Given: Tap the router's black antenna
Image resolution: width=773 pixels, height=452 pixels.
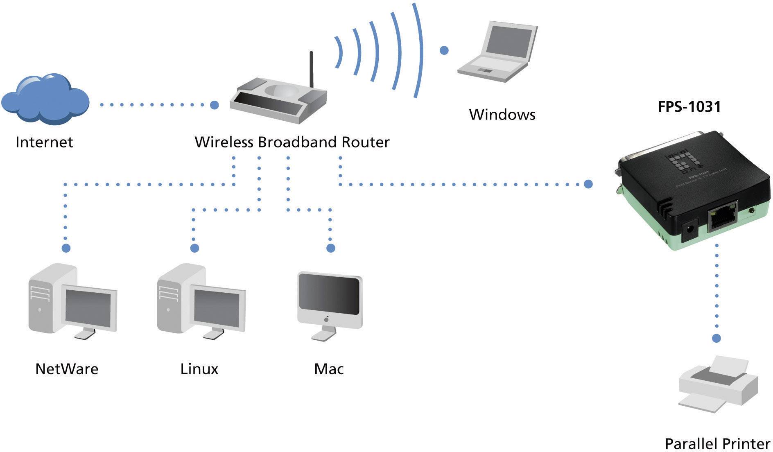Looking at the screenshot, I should pos(311,70).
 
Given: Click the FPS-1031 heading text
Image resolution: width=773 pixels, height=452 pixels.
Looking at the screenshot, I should pos(689,107).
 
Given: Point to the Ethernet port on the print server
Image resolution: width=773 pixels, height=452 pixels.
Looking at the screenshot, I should pos(723,219).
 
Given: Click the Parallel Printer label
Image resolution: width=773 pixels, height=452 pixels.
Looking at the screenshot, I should pos(717,444).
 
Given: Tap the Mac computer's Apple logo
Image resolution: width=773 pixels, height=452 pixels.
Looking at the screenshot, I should pos(326,319).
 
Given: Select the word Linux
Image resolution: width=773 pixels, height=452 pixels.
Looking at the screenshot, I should pos(199,369).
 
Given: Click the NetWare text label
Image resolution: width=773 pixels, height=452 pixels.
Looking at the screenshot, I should pos(67,369).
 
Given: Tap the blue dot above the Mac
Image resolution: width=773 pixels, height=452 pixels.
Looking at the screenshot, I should pos(331,248).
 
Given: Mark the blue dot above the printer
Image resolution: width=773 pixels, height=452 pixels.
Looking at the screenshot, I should pos(716,338).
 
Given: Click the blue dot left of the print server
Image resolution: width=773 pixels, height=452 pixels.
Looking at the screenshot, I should pos(588,184).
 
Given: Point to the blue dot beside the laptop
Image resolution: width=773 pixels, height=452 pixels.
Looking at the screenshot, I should pos(444,50).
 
